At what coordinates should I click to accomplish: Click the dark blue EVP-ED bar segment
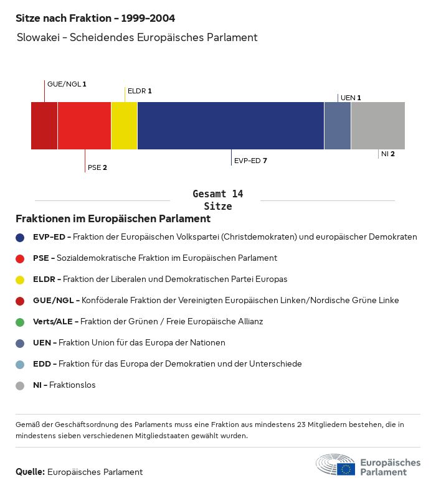pyautogui.click(x=230, y=126)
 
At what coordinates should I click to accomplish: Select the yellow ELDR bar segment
pyautogui.click(x=124, y=126)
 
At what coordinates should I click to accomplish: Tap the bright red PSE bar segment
pyautogui.click(x=84, y=126)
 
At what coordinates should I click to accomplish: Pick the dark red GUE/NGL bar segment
pyautogui.click(x=44, y=126)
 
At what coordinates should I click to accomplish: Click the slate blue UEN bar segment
pyautogui.click(x=338, y=126)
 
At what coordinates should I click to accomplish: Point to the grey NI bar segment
pyautogui.click(x=378, y=126)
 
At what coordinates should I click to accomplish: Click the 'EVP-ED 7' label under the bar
pyautogui.click(x=250, y=161)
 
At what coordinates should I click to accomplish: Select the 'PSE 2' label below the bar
pyautogui.click(x=97, y=167)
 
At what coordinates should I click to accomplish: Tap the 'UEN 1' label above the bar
pyautogui.click(x=351, y=98)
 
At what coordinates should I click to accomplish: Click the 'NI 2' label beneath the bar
pyautogui.click(x=388, y=154)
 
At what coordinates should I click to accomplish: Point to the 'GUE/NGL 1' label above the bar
pyautogui.click(x=67, y=83)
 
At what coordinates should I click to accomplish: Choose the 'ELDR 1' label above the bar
pyautogui.click(x=140, y=91)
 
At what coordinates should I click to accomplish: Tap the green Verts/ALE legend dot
pyautogui.click(x=20, y=322)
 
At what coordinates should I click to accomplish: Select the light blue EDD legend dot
pyautogui.click(x=20, y=364)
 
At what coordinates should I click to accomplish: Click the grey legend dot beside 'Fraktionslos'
pyautogui.click(x=20, y=385)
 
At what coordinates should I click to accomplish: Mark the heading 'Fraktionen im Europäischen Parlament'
pyautogui.click(x=113, y=219)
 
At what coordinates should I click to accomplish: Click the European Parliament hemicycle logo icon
pyautogui.click(x=335, y=465)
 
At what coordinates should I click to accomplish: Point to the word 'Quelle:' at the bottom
pyautogui.click(x=30, y=472)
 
